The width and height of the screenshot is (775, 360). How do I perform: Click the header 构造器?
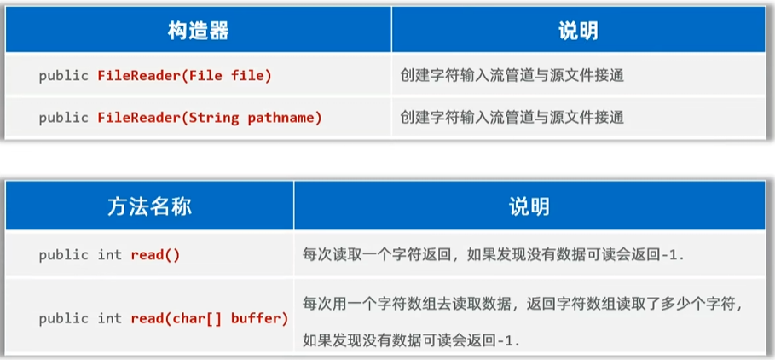pos(198,31)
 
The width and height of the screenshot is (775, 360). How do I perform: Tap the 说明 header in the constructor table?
pos(578,31)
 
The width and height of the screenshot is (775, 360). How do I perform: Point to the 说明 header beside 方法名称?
pos(529,206)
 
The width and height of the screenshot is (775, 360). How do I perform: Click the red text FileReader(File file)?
pos(184,76)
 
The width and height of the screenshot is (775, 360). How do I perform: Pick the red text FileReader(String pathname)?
pos(210,118)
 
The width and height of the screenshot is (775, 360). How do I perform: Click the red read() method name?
pos(155,254)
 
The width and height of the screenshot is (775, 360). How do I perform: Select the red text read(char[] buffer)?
pos(209,318)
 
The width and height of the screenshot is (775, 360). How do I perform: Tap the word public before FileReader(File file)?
pos(63,76)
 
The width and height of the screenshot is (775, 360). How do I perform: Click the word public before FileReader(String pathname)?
pos(63,118)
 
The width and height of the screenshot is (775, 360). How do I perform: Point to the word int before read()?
pos(109,254)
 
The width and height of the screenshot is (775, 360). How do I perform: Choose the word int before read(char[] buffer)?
pos(109,318)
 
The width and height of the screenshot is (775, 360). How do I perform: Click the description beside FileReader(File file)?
pos(512,76)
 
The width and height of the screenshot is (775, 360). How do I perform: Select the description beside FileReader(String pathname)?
pos(512,118)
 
